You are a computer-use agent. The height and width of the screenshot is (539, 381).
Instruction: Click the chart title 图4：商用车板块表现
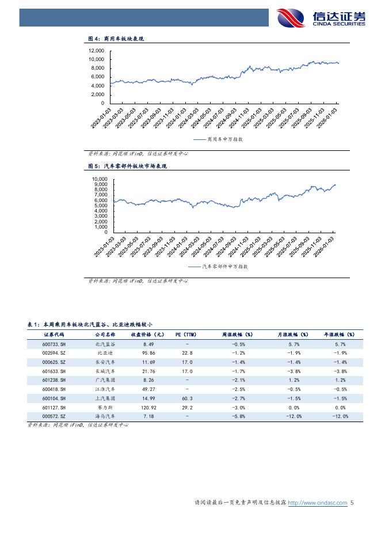click(115, 39)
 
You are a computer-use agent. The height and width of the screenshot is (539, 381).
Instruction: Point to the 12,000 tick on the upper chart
click(96, 51)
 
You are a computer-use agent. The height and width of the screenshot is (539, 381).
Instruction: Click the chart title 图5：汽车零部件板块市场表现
click(127, 166)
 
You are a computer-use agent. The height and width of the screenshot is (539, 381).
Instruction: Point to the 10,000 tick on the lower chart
click(99, 180)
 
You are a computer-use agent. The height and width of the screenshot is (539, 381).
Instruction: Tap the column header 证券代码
click(54, 334)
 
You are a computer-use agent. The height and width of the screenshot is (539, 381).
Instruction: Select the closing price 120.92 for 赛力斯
click(149, 407)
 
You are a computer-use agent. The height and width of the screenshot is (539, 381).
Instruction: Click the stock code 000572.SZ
click(54, 416)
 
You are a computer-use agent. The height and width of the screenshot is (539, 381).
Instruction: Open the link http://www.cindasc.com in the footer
click(317, 503)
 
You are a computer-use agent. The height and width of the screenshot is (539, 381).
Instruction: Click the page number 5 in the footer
click(352, 503)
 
